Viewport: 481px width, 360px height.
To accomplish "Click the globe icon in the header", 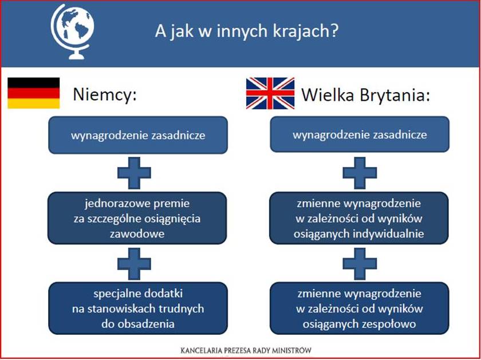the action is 72,31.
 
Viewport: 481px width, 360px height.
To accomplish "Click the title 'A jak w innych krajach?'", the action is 247,31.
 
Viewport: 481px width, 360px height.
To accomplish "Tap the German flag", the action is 33,93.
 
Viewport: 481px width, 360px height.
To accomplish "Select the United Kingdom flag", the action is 270,93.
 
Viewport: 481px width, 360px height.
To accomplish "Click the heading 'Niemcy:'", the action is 105,95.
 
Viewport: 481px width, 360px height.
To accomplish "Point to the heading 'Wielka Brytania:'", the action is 366,95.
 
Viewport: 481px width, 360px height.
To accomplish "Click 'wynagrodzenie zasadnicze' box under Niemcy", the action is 138,135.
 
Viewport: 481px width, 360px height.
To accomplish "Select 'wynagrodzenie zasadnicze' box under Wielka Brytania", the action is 360,134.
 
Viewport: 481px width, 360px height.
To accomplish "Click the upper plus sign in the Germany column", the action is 134,173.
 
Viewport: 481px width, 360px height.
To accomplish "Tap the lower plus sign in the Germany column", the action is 134,264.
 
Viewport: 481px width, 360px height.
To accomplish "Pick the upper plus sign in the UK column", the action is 360,173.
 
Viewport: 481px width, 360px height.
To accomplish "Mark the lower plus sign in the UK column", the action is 360,264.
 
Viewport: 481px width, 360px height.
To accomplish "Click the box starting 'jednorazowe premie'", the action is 137,218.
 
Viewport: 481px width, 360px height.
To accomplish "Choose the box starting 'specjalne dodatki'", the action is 138,308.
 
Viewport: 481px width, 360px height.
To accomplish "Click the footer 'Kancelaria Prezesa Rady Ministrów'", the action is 246,350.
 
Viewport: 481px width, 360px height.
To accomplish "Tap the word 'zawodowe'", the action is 137,234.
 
